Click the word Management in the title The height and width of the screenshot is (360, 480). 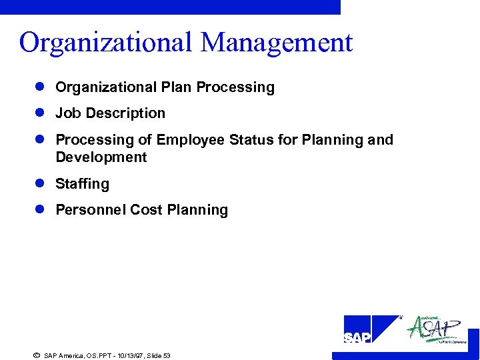pyautogui.click(x=277, y=43)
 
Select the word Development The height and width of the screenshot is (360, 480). pyautogui.click(x=101, y=157)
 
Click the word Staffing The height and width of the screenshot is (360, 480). pyautogui.click(x=82, y=184)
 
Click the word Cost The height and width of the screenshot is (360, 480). pyautogui.click(x=146, y=210)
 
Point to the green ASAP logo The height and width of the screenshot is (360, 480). pyautogui.click(x=437, y=329)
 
